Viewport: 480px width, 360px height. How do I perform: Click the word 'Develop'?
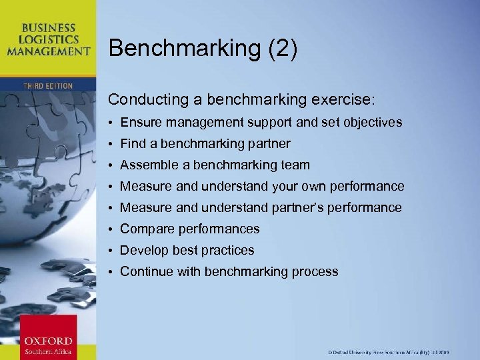click(x=144, y=251)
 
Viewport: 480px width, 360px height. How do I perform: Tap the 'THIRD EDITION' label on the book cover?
click(x=48, y=86)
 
